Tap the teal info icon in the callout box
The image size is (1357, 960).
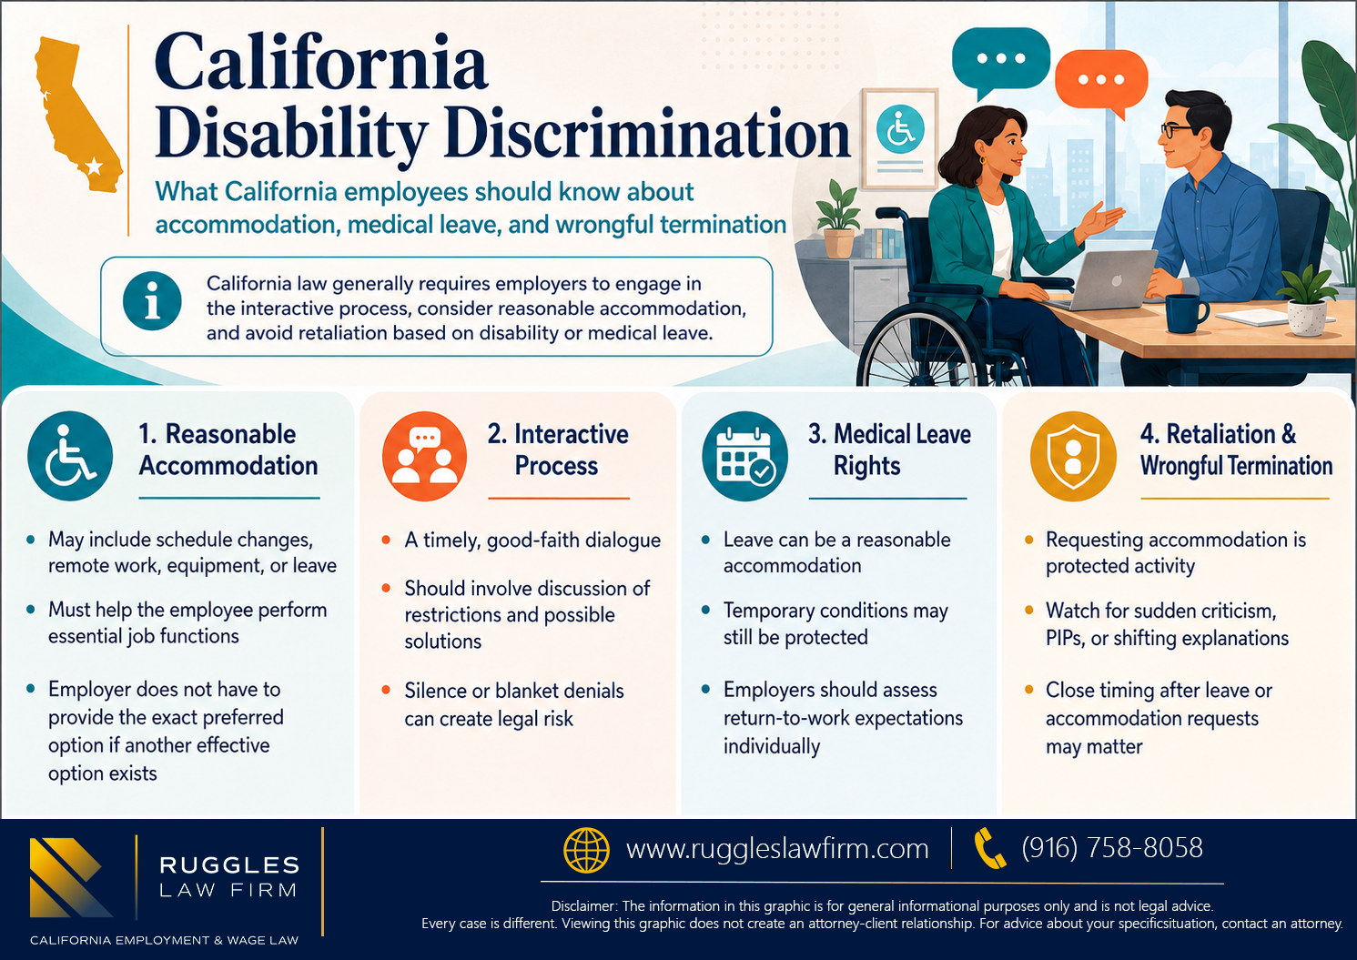point(152,301)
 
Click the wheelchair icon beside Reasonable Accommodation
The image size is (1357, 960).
point(70,456)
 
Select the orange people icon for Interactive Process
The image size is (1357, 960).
point(424,456)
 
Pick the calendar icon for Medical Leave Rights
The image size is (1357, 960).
point(745,456)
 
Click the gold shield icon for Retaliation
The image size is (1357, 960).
point(1073,456)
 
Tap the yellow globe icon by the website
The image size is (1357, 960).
point(586,850)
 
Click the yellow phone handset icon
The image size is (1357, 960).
point(989,849)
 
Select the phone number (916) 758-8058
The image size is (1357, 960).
point(1112,847)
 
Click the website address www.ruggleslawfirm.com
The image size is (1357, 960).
point(777,849)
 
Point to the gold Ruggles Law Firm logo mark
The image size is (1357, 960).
point(71,877)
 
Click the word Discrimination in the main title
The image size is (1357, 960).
point(647,134)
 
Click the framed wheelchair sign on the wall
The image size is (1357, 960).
point(899,138)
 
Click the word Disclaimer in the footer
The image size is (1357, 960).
point(584,906)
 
